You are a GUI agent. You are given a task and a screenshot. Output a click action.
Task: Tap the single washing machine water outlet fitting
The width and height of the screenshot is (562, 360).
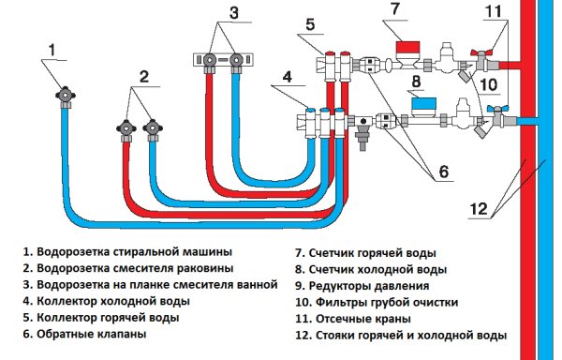67,95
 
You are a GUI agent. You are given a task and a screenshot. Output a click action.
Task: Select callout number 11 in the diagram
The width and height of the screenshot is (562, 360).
494,13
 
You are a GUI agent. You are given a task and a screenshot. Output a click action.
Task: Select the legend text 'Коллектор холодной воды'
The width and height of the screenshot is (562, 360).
111,302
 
